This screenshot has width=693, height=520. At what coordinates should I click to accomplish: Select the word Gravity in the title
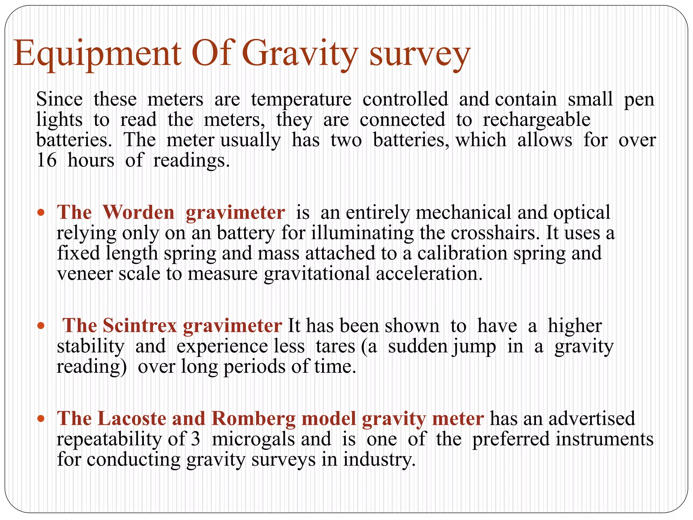[x=300, y=54]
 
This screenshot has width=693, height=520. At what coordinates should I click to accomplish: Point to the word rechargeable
[x=536, y=120]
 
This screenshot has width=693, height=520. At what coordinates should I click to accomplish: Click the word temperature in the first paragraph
[x=301, y=100]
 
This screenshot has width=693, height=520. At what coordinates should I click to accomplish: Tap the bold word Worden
[x=138, y=213]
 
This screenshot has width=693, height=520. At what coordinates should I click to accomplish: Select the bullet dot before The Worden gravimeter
[x=41, y=213]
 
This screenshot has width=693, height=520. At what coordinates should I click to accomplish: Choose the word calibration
[x=462, y=253]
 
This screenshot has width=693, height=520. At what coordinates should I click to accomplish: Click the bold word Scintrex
[x=140, y=326]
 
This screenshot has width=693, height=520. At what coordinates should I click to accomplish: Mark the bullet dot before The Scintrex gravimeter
[x=41, y=326]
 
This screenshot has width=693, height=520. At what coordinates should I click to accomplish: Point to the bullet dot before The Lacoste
[x=41, y=419]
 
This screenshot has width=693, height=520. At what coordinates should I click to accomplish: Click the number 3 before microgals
[x=195, y=439]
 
